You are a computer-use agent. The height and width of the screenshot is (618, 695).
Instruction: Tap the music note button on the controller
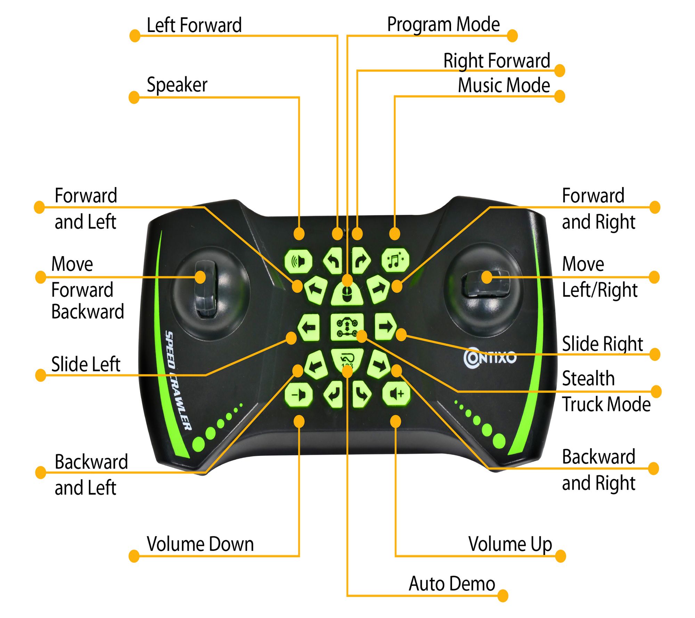coord(395,260)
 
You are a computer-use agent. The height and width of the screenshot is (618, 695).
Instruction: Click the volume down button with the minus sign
coord(298,395)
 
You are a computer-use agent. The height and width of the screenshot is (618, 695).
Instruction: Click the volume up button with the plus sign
coord(396,394)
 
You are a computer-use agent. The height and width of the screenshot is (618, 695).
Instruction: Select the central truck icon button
coord(347,327)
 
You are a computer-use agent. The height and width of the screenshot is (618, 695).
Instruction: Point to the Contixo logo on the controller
coord(490,358)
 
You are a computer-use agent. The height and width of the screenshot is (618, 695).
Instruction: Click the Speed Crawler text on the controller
coord(178,381)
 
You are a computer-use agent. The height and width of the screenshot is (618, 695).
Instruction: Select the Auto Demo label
coord(452,584)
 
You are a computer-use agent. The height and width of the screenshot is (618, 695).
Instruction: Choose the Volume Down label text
coord(200,544)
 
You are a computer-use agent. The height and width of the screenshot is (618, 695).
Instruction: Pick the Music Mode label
coord(504,86)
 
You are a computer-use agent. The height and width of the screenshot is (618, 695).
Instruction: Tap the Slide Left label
coord(86,364)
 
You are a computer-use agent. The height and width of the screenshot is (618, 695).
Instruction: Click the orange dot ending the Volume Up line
coord(561,556)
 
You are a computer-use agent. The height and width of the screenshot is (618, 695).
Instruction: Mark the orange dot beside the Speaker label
coord(134,97)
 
